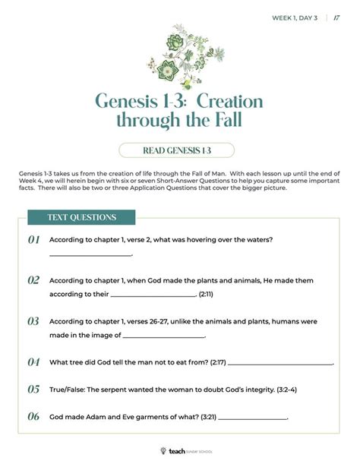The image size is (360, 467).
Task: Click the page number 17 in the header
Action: pos(336,17)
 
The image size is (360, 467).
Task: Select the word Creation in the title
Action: pos(232,101)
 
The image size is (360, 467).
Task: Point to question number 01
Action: pos(34,240)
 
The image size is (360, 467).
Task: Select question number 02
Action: pos(34,280)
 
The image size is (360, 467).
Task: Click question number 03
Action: pos(34,321)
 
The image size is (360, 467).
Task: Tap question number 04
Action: pos(34,362)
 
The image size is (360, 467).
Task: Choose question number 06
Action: pos(34,416)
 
